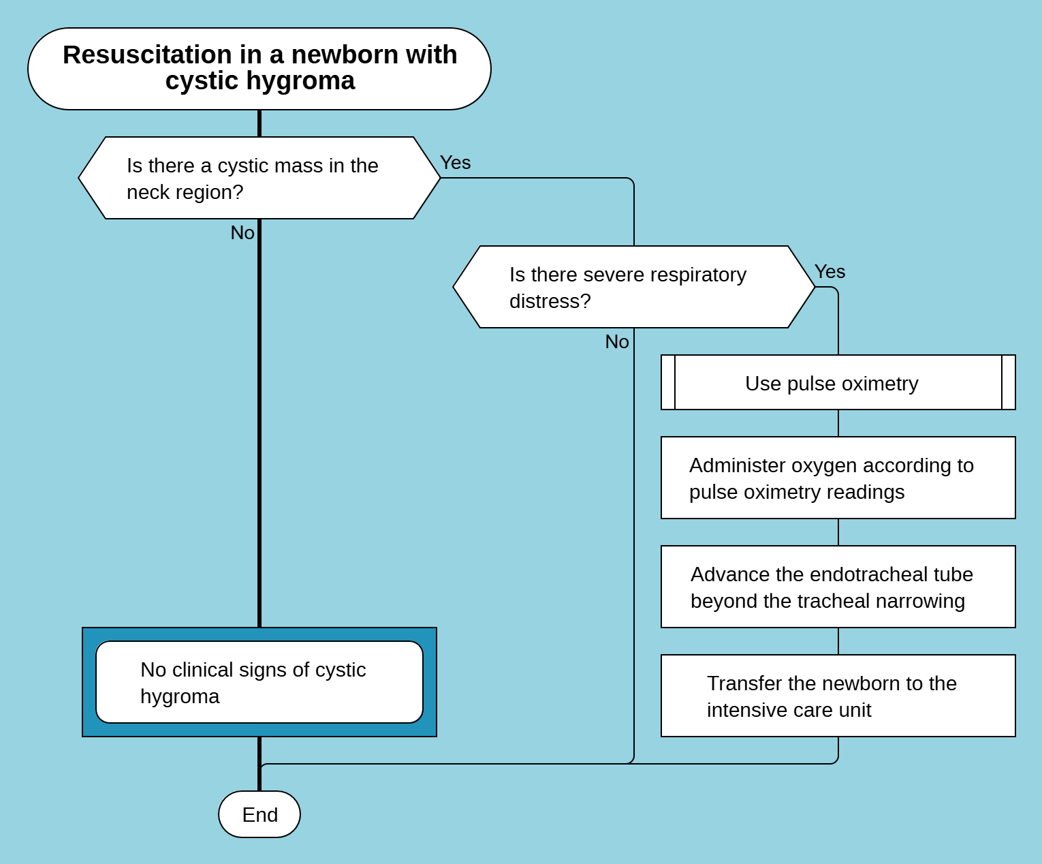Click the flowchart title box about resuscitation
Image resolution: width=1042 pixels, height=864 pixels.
tap(259, 68)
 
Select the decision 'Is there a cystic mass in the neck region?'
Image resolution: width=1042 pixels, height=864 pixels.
tap(259, 178)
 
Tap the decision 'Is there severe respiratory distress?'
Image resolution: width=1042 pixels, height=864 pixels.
tap(633, 287)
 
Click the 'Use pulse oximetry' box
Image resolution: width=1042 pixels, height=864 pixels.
tap(838, 382)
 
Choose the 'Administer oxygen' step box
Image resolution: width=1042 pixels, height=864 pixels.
tap(838, 478)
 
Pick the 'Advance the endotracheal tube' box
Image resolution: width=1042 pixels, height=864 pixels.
tap(838, 587)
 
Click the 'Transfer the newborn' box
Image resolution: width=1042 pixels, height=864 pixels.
tap(838, 696)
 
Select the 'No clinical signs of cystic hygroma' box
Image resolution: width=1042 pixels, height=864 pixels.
tap(259, 682)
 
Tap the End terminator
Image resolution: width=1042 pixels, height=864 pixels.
tap(259, 814)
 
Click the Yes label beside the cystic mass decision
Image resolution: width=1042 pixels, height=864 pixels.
tap(455, 163)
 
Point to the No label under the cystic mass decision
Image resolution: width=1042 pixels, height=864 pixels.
tap(242, 233)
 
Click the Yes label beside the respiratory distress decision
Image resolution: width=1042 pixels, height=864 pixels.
tap(830, 272)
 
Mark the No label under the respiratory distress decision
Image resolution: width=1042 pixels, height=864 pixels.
tap(617, 342)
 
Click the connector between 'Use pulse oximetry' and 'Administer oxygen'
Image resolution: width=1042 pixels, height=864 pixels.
tap(838, 423)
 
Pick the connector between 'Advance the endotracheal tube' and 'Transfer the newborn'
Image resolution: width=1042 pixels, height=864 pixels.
tap(838, 641)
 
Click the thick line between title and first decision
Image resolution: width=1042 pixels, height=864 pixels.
tap(259, 123)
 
